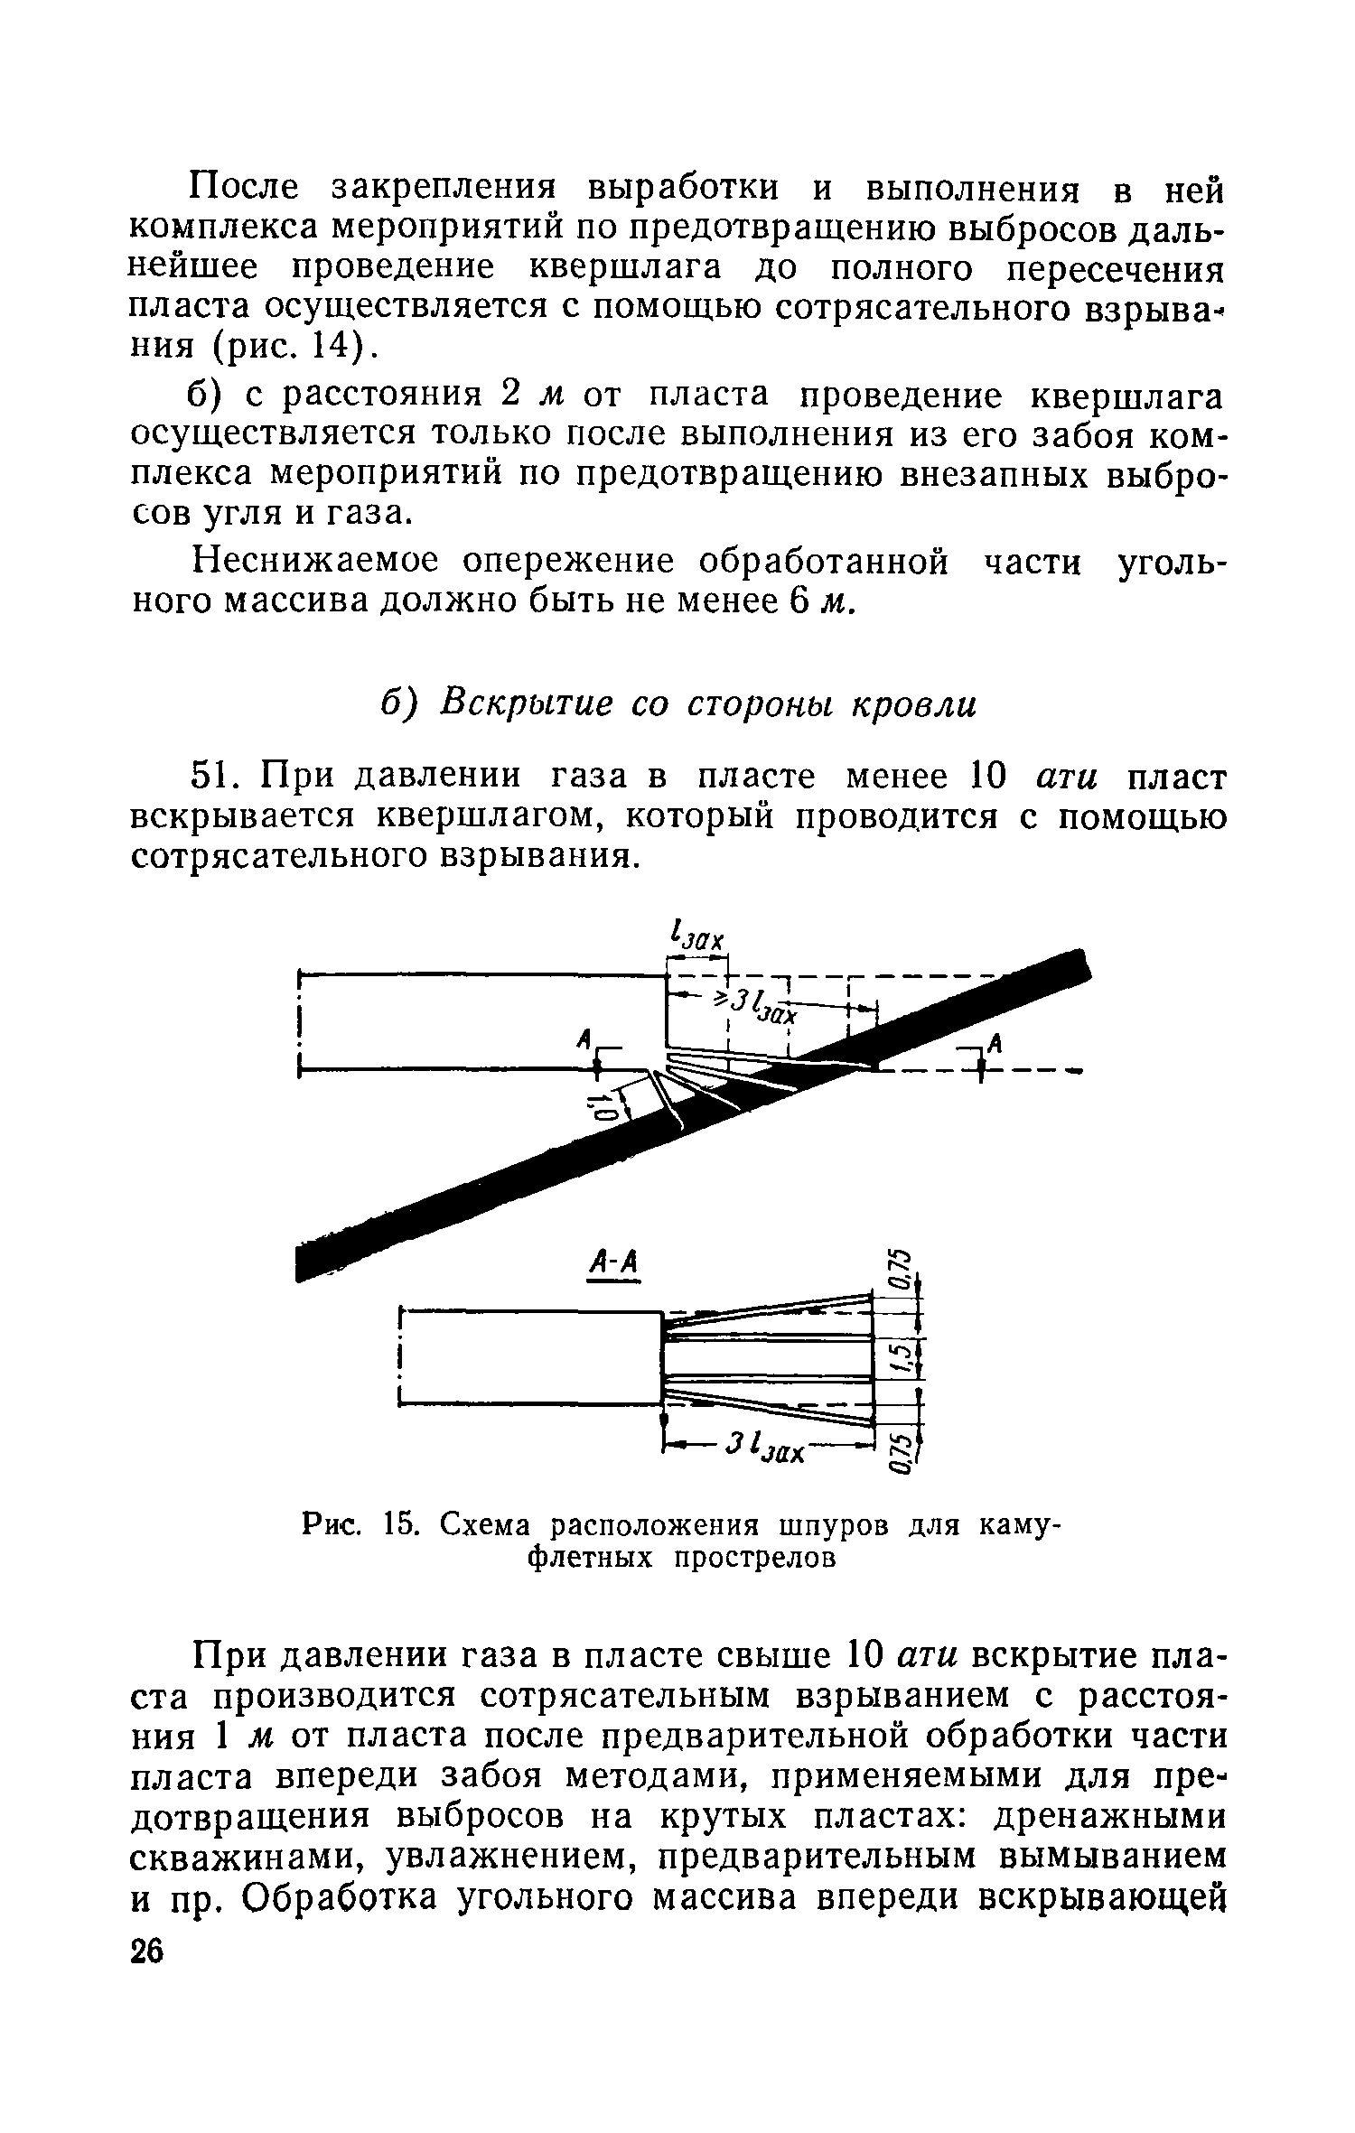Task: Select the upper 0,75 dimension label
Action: click(894, 1272)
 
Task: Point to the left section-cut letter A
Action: click(585, 1039)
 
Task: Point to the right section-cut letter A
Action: click(996, 1043)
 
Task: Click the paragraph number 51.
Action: click(216, 777)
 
